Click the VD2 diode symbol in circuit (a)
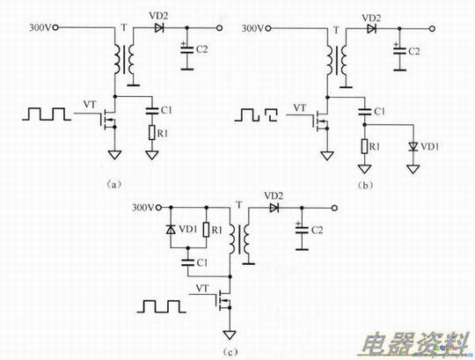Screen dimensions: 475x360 pos(158,28)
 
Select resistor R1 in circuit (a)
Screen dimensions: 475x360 pos(152,133)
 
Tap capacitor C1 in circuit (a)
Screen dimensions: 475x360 pos(152,110)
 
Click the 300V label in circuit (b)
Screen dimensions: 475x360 pos(252,28)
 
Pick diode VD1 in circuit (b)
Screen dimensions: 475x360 pos(413,147)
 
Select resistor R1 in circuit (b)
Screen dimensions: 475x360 pos(364,147)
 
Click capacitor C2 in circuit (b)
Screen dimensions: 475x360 pos(399,50)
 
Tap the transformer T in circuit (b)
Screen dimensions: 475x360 pos(337,61)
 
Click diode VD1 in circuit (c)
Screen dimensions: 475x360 pos(171,230)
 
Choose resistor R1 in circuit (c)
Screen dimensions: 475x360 pos(207,230)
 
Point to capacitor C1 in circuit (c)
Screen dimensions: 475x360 pos(188,262)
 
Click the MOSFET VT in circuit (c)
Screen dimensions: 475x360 pos(224,300)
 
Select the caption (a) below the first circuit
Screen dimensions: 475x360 pos(113,184)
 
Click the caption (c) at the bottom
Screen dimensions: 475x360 pos(230,351)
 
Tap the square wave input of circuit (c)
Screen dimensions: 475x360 pos(162,306)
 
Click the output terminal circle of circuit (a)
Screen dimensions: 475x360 pos(220,28)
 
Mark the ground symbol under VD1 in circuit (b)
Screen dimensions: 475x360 pos(413,169)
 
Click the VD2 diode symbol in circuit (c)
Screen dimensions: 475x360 pos(274,208)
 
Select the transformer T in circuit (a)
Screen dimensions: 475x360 pos(124,60)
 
